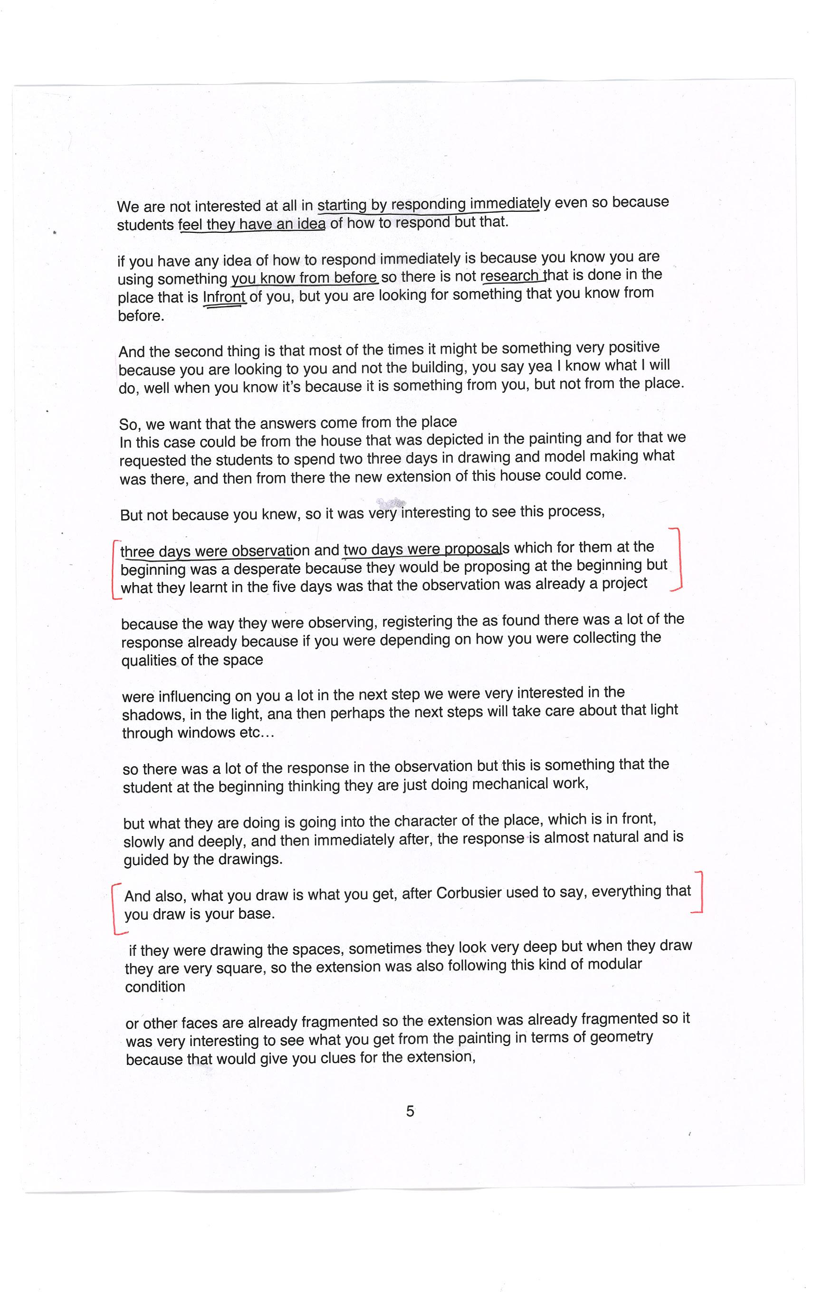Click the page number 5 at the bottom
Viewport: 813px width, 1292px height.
410,1111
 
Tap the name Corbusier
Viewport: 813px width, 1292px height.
469,893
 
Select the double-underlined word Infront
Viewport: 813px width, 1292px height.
224,297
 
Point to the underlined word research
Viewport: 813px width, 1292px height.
510,276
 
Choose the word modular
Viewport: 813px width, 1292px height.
614,964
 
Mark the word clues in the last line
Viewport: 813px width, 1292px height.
349,1057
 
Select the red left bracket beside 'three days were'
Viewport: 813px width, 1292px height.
115,569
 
